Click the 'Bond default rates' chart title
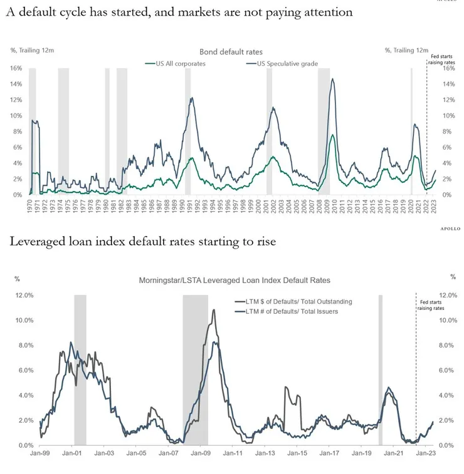click(x=231, y=51)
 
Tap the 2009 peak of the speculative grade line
click(x=332, y=79)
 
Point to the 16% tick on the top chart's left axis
click(x=16, y=68)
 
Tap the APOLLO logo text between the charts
click(x=447, y=229)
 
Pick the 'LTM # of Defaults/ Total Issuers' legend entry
click(x=288, y=311)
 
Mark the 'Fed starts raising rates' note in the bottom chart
click(x=431, y=304)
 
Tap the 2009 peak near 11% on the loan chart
click(x=214, y=310)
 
